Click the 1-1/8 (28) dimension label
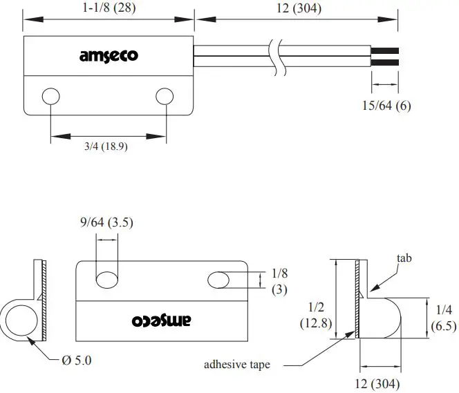pos(108,8)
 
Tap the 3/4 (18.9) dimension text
pos(106,146)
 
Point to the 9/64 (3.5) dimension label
pos(106,222)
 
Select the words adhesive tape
pos(237,364)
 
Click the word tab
pos(405,258)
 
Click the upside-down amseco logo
pos(160,320)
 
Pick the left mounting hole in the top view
pos(50,97)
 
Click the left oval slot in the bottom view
pos(106,280)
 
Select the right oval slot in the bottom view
pos(219,279)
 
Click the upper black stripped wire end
pos(385,50)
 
